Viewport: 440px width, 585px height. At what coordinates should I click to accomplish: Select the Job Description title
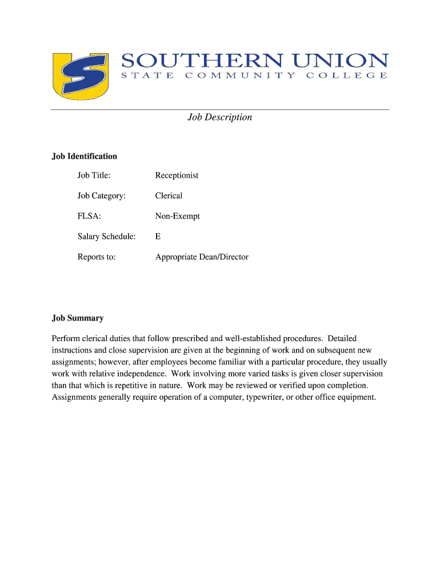(220, 117)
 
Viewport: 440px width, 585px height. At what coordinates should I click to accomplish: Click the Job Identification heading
(85, 156)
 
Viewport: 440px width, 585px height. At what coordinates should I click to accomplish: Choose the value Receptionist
(177, 175)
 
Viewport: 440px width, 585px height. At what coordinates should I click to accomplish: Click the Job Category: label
(101, 196)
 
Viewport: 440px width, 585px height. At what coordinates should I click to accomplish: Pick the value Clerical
(169, 196)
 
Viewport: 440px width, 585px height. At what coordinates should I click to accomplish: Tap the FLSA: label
(89, 217)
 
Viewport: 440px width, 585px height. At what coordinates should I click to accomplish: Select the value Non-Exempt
(178, 217)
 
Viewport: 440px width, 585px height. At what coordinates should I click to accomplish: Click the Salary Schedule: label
(107, 237)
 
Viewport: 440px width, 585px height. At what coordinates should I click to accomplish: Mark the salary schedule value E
(158, 237)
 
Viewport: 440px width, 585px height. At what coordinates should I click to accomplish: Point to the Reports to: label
(97, 257)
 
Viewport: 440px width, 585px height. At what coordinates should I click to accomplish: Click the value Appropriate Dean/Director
(202, 257)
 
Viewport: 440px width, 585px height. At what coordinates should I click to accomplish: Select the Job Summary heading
(78, 318)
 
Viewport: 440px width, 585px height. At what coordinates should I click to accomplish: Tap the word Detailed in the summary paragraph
(342, 339)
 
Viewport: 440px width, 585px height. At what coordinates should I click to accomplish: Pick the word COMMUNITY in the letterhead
(240, 76)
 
